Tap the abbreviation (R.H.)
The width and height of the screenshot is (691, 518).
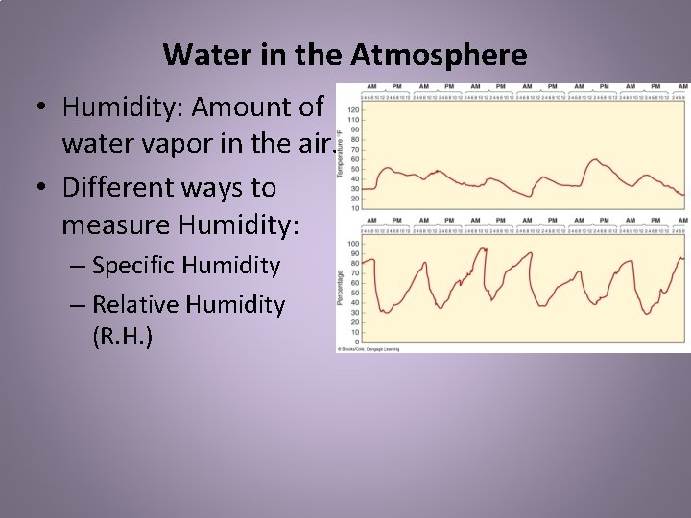pyautogui.click(x=120, y=339)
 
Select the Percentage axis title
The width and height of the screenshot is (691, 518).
pyautogui.click(x=341, y=287)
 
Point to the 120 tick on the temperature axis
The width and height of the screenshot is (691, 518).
pyautogui.click(x=353, y=110)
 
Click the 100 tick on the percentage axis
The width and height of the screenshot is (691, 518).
pyautogui.click(x=353, y=244)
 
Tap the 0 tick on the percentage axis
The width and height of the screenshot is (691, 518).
pyautogui.click(x=357, y=342)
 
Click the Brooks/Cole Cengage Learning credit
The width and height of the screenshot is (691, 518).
pyautogui.click(x=369, y=349)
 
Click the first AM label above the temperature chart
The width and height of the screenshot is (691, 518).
pyautogui.click(x=372, y=87)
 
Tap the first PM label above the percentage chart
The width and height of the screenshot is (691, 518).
pyautogui.click(x=398, y=221)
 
